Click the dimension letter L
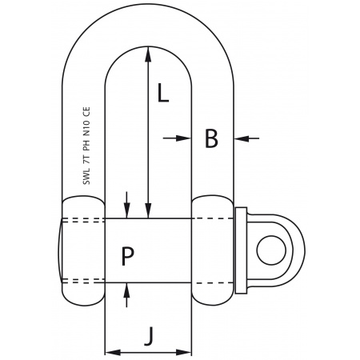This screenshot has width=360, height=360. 162,94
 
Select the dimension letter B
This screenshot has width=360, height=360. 211,138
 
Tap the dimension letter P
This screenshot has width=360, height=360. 127,256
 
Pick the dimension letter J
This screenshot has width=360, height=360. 148,335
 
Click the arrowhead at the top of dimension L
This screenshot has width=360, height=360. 148,52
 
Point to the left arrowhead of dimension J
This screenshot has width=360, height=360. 110,351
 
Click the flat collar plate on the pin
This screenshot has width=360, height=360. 239,250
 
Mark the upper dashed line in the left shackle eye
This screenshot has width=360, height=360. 83,219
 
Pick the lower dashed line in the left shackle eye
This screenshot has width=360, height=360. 83,280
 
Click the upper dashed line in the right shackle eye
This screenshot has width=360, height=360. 212,219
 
